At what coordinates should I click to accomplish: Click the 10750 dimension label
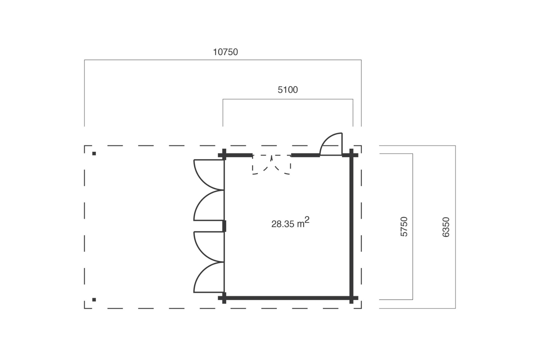point(225,52)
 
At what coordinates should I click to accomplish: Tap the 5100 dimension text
point(288,90)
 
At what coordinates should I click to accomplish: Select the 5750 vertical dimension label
point(404,227)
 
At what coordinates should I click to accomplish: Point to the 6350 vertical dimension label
point(446,227)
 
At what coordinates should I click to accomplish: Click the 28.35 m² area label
point(290,223)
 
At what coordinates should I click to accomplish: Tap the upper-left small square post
point(94,154)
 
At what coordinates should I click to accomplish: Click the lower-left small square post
point(94,300)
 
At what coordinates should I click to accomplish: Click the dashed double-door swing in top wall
point(271,165)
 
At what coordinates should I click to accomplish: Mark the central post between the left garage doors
point(224,226)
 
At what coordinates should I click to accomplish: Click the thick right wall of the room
point(351,227)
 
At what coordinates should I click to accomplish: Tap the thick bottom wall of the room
point(288,298)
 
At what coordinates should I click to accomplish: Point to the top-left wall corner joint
point(224,155)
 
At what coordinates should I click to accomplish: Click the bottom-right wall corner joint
point(351,298)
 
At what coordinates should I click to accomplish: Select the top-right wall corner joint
point(351,155)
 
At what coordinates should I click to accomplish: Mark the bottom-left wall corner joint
point(224,298)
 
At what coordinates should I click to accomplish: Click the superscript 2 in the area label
point(307,220)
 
